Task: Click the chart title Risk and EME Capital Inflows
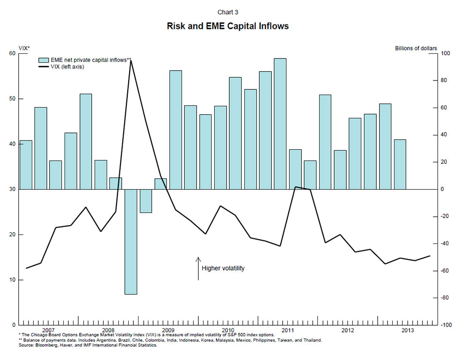pyautogui.click(x=227, y=26)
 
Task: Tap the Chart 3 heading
pyautogui.click(x=227, y=12)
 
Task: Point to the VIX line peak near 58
pyautogui.click(x=131, y=61)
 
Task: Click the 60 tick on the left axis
pyautogui.click(x=12, y=54)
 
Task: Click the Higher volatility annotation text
pyautogui.click(x=223, y=269)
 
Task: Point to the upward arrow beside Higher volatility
pyautogui.click(x=198, y=268)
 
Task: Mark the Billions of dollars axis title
pyautogui.click(x=416, y=48)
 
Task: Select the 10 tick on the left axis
pyautogui.click(x=12, y=280)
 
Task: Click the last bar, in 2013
pyautogui.click(x=400, y=164)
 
